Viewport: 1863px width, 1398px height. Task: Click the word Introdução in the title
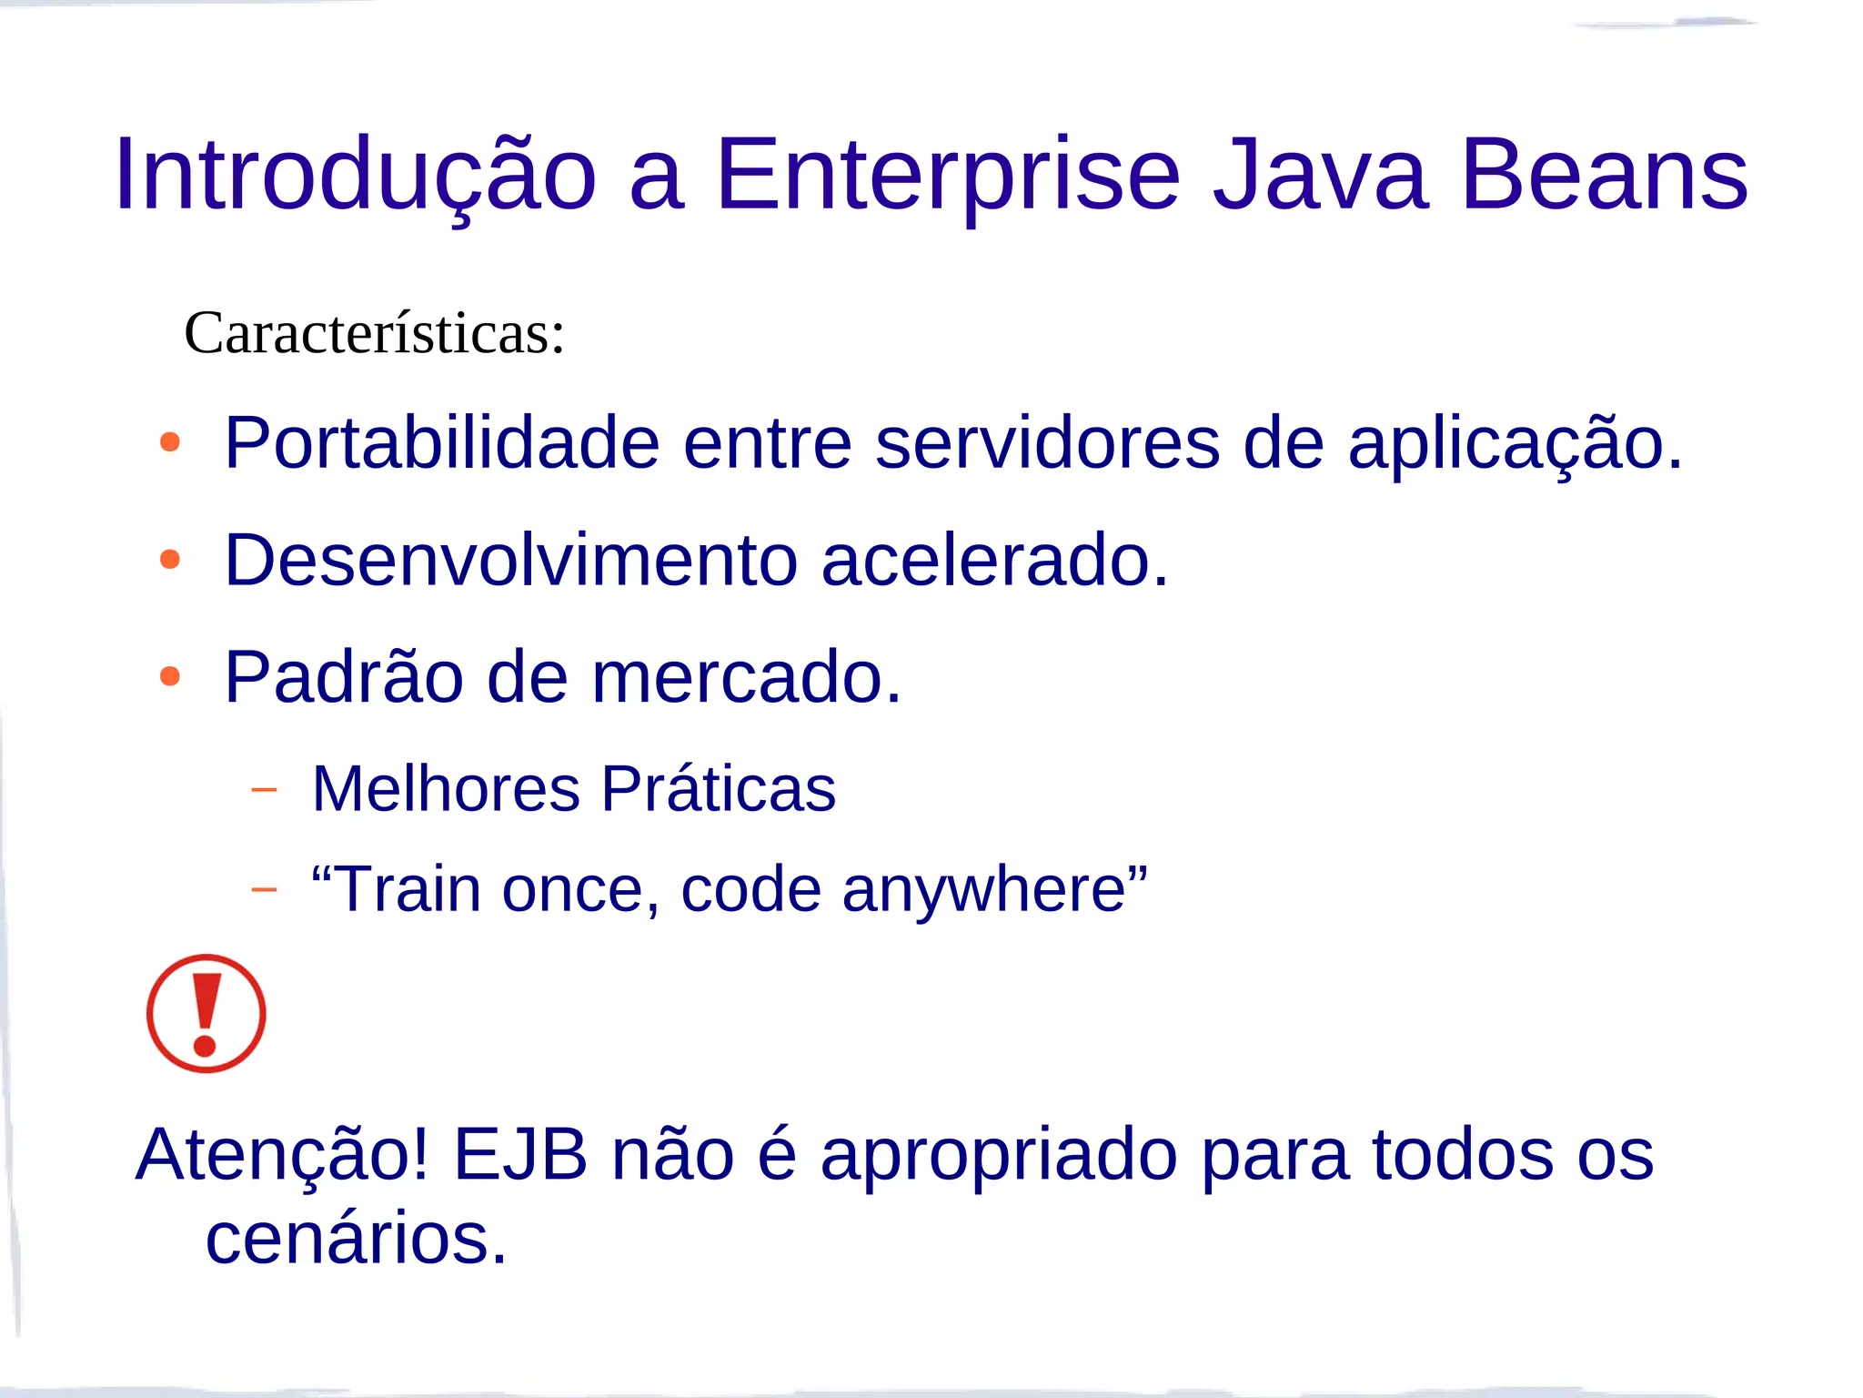click(x=355, y=175)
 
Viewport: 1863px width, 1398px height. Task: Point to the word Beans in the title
click(x=1605, y=175)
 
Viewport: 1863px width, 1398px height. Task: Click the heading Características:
click(x=375, y=333)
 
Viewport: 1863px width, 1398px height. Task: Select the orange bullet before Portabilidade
click(x=170, y=443)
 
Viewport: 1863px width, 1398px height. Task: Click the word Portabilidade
click(x=442, y=443)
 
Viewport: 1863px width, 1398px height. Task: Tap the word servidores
click(x=1047, y=443)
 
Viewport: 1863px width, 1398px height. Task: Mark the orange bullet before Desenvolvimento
click(x=170, y=560)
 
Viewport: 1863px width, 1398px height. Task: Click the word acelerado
click(x=994, y=561)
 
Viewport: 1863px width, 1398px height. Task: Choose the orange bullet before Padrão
click(x=170, y=677)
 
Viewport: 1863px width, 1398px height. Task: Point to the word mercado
click(x=746, y=678)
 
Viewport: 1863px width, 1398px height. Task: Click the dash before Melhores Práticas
click(x=264, y=789)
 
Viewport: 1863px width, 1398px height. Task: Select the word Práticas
click(x=718, y=788)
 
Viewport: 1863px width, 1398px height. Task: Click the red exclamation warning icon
click(x=206, y=1013)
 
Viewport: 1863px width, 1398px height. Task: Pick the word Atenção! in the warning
click(x=282, y=1155)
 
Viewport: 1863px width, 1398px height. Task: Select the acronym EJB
click(x=520, y=1154)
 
